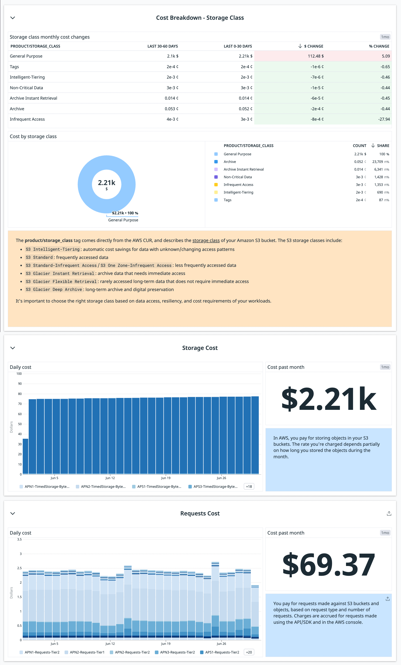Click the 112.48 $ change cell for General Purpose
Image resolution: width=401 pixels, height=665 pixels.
[x=316, y=56]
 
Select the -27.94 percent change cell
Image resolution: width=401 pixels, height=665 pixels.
[x=384, y=119]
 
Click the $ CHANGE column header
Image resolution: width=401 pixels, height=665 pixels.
[x=313, y=46]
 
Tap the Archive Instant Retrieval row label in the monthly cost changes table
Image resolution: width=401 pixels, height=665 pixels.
[x=34, y=98]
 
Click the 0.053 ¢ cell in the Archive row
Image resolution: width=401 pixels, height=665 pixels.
[x=171, y=109]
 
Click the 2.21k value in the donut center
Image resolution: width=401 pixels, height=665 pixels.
[x=107, y=183]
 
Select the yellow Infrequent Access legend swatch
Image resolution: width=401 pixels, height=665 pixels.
[x=216, y=185]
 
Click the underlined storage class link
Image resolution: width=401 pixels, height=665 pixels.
[x=206, y=241]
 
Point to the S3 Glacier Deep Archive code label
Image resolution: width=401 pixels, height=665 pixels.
[x=54, y=290]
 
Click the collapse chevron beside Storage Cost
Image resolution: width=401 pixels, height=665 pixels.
[x=13, y=348]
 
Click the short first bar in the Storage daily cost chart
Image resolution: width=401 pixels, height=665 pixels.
[x=25, y=456]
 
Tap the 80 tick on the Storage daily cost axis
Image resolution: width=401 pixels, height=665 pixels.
[x=20, y=394]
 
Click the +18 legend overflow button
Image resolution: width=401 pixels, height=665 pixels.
[x=249, y=487]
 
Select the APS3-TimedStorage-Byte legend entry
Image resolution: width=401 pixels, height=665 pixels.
[x=215, y=487]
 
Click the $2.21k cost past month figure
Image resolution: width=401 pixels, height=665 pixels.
[x=328, y=398]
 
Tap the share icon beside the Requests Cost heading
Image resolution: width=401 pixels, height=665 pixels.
[x=389, y=514]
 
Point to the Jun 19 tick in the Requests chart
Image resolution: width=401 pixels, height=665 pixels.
[x=166, y=644]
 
